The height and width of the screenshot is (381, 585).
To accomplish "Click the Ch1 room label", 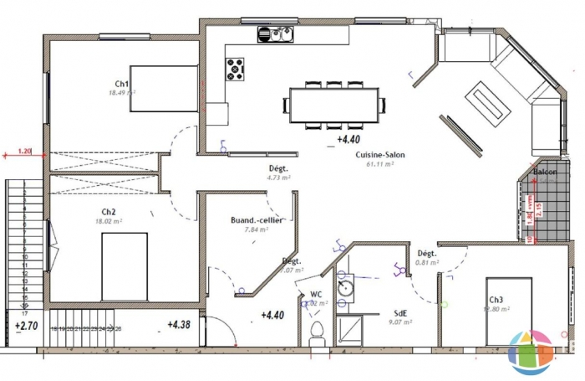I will (121, 84).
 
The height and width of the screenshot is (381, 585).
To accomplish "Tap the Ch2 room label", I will (109, 212).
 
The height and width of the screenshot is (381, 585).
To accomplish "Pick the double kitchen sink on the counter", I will (275, 34).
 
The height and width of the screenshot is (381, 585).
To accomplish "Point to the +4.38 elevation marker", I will (179, 324).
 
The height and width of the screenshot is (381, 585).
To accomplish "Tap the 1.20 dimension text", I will (24, 152).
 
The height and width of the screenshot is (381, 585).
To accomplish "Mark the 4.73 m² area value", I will (277, 178).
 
